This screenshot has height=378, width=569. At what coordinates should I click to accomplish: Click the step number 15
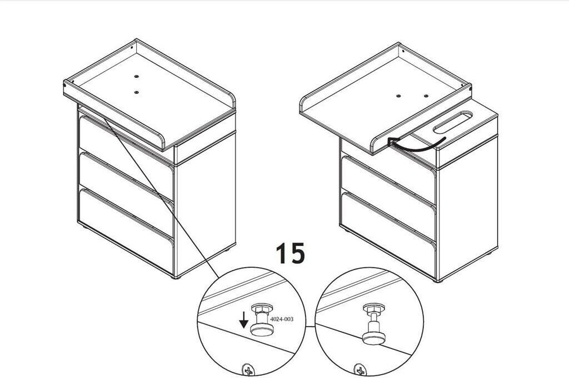click(x=290, y=253)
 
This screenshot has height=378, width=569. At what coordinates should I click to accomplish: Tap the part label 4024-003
click(x=282, y=319)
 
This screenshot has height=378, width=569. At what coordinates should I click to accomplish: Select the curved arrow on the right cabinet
click(x=417, y=144)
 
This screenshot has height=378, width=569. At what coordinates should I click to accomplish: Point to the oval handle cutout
click(x=453, y=122)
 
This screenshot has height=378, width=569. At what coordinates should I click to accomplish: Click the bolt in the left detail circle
click(x=262, y=320)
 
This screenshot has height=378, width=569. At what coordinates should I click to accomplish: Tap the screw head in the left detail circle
click(x=248, y=370)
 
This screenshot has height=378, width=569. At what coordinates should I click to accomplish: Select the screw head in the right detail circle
click(x=360, y=370)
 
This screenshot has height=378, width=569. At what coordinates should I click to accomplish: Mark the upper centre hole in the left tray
click(x=137, y=77)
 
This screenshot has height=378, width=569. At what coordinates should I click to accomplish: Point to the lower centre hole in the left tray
click(x=137, y=92)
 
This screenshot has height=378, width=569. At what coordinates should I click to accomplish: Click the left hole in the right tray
click(x=398, y=96)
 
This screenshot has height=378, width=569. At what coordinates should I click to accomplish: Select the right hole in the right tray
click(x=426, y=96)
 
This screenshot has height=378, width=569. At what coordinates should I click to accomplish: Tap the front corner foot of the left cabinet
click(x=176, y=278)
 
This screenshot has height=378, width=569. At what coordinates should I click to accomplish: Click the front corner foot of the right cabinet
click(x=438, y=281)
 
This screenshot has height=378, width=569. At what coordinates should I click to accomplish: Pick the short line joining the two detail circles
click(x=310, y=326)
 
